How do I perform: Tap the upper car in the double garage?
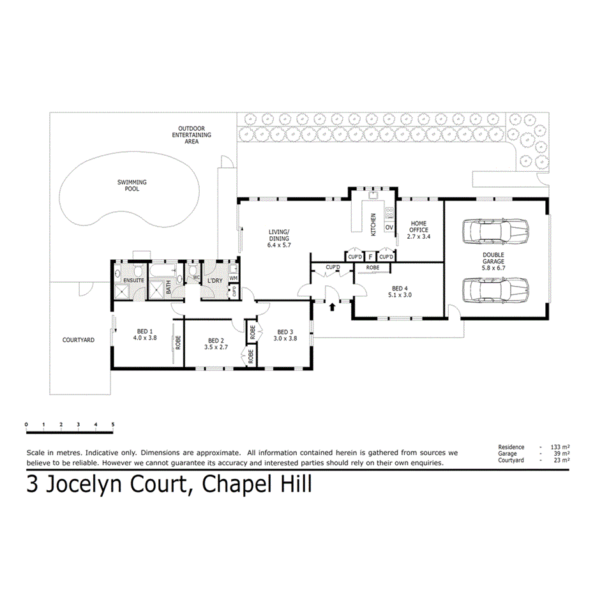click(x=496, y=231)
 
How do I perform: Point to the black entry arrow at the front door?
click(x=331, y=308)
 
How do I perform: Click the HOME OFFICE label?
click(x=419, y=227)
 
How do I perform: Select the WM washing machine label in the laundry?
click(x=233, y=278)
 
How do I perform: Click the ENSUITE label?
click(x=134, y=280)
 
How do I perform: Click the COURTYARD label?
click(x=79, y=340)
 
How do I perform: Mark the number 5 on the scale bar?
click(x=113, y=425)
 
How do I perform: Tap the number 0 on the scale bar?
click(x=26, y=425)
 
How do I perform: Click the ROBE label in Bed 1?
click(x=179, y=342)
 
